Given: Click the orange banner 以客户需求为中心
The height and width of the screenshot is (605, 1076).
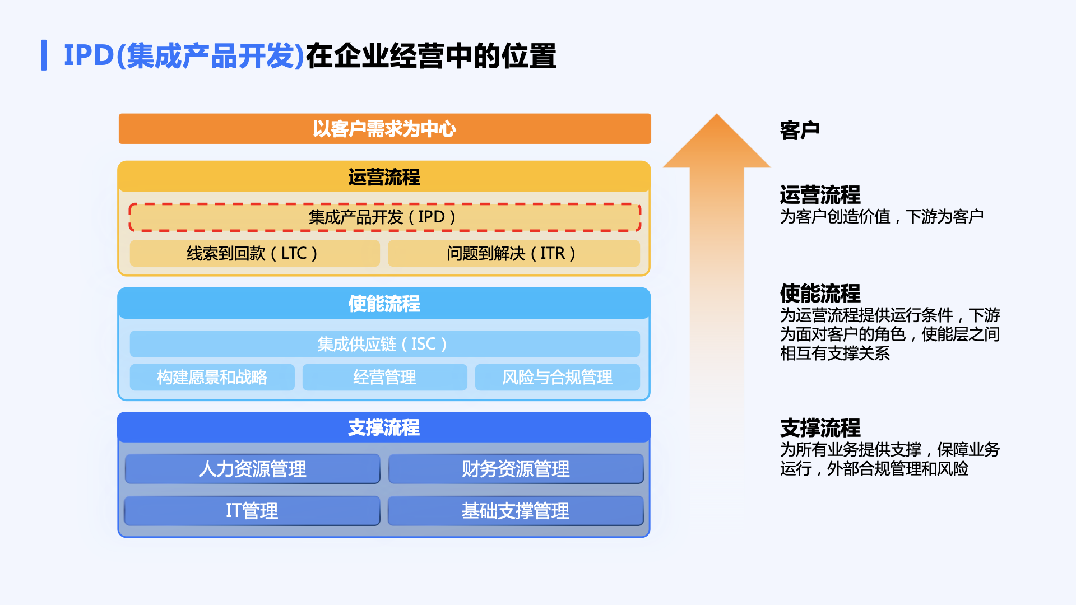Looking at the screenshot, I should pyautogui.click(x=384, y=129).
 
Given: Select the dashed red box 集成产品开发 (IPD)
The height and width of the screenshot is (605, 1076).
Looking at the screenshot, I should pyautogui.click(x=384, y=217).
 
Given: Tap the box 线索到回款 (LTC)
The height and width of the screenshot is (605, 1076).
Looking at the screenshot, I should pyautogui.click(x=254, y=253).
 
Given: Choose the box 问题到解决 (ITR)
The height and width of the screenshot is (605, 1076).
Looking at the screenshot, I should pyautogui.click(x=513, y=253).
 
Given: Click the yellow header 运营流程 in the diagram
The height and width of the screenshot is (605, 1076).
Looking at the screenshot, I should pyautogui.click(x=384, y=177).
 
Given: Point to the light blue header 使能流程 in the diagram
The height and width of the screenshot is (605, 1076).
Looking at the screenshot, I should pyautogui.click(x=384, y=304).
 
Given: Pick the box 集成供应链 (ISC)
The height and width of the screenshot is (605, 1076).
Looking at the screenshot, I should pyautogui.click(x=384, y=344).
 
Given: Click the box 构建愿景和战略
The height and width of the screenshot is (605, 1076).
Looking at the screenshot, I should pyautogui.click(x=212, y=377).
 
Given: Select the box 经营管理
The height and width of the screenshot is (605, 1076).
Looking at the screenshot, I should pyautogui.click(x=384, y=377).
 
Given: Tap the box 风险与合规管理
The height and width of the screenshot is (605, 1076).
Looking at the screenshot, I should pyautogui.click(x=557, y=377).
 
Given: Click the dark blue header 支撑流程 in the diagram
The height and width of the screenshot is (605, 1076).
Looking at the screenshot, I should pyautogui.click(x=384, y=427).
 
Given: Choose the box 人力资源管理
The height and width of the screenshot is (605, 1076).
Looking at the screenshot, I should pyautogui.click(x=253, y=469).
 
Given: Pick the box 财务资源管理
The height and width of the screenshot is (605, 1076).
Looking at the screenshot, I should pyautogui.click(x=516, y=469).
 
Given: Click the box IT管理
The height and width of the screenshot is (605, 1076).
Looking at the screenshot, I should pyautogui.click(x=253, y=511).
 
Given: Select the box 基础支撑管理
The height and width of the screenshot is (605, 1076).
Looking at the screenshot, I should pyautogui.click(x=516, y=511).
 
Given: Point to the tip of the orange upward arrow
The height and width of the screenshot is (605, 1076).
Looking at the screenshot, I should pyautogui.click(x=716, y=116).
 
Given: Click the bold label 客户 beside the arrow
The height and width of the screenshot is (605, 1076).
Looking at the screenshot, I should pyautogui.click(x=800, y=130).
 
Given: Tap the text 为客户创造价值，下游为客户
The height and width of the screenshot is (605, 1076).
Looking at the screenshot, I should pyautogui.click(x=882, y=216).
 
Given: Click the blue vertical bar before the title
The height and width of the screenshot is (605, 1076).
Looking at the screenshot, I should pyautogui.click(x=44, y=55).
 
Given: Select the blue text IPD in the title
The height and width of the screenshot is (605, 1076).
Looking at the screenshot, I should pyautogui.click(x=89, y=55).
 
